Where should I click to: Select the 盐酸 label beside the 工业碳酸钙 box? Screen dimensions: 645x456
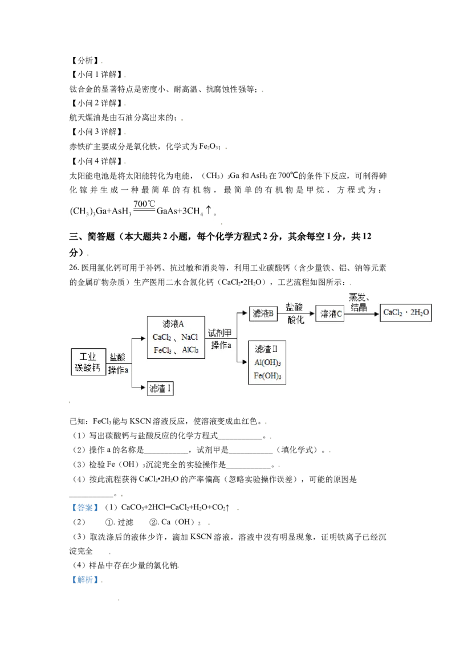pyautogui.click(x=118, y=357)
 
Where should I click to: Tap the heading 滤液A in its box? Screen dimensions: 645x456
pyautogui.click(x=173, y=324)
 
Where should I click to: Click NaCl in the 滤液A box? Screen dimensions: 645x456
pyautogui.click(x=190, y=337)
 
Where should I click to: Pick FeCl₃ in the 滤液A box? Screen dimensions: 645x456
pyautogui.click(x=162, y=350)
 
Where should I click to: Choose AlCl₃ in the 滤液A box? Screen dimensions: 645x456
pyautogui.click(x=190, y=350)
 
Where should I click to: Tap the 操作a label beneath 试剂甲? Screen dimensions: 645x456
pyautogui.click(x=221, y=345)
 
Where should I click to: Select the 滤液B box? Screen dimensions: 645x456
pyautogui.click(x=263, y=313)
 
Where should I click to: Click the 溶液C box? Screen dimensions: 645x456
pyautogui.click(x=330, y=313)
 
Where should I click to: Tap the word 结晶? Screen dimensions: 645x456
pyautogui.click(x=359, y=308)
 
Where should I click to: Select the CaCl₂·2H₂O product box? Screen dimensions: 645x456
pyautogui.click(x=406, y=313)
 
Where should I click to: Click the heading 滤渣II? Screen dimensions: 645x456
pyautogui.click(x=266, y=349)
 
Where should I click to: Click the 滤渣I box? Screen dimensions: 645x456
pyautogui.click(x=160, y=389)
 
